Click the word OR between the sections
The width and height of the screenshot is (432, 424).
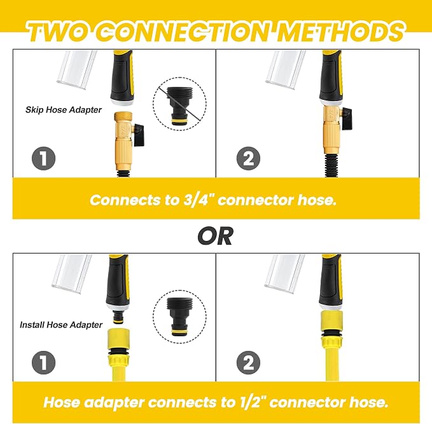pyautogui.click(x=215, y=236)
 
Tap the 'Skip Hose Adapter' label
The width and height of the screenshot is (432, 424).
pyautogui.click(x=64, y=110)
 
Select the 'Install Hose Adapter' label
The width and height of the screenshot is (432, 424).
pyautogui.click(x=61, y=325)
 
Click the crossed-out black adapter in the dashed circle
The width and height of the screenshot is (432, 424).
pyautogui.click(x=179, y=106)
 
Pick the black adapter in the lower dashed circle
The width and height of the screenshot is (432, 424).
pyautogui.click(x=179, y=317)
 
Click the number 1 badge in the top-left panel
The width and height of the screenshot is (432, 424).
pyautogui.click(x=43, y=158)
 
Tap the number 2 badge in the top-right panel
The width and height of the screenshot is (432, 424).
pyautogui.click(x=248, y=158)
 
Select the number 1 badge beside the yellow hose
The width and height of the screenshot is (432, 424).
pyautogui.click(x=43, y=362)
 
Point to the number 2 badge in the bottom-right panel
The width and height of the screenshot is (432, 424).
pyautogui.click(x=248, y=362)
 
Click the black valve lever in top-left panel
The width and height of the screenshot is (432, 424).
pyautogui.click(x=139, y=135)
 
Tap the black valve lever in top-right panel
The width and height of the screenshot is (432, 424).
pyautogui.click(x=346, y=115)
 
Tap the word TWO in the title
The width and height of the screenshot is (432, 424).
pyautogui.click(x=60, y=31)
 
